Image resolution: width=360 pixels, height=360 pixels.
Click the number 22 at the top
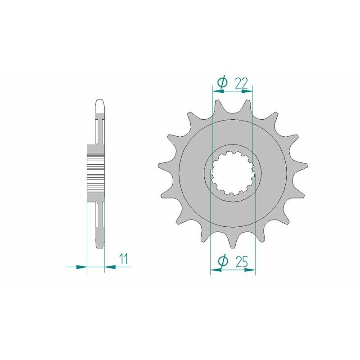[x=242, y=82]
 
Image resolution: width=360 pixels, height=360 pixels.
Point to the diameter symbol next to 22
[x=222, y=82]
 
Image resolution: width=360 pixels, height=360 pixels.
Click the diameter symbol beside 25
[x=222, y=261]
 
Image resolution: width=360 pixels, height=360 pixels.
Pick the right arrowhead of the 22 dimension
[x=247, y=90]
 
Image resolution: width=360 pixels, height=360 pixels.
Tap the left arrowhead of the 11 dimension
[x=81, y=267]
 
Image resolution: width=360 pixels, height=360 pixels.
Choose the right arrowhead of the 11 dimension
[x=110, y=267]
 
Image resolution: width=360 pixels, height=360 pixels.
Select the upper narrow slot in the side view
[x=100, y=130]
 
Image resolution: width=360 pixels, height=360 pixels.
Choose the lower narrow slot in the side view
[x=100, y=216]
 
